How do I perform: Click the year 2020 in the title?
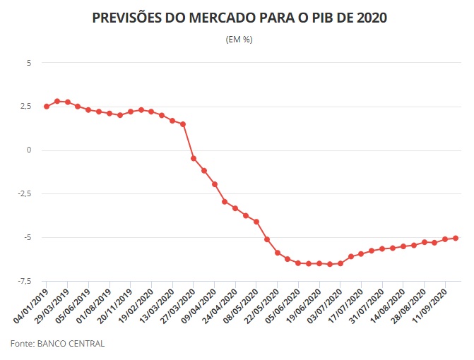click(x=369, y=18)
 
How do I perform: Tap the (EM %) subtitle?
click(x=238, y=40)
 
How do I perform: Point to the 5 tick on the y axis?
click(x=29, y=63)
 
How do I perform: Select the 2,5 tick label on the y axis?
click(x=25, y=107)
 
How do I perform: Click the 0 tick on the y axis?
click(x=29, y=150)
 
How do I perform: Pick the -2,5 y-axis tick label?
click(x=24, y=194)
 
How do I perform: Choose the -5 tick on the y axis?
click(x=28, y=238)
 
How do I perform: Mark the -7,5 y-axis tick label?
click(x=24, y=282)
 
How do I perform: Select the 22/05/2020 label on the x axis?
click(x=263, y=304)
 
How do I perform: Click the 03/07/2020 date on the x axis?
click(x=326, y=304)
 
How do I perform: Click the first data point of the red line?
click(x=47, y=107)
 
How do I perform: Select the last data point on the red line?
click(x=456, y=238)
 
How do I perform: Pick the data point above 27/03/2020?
click(x=194, y=158)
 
